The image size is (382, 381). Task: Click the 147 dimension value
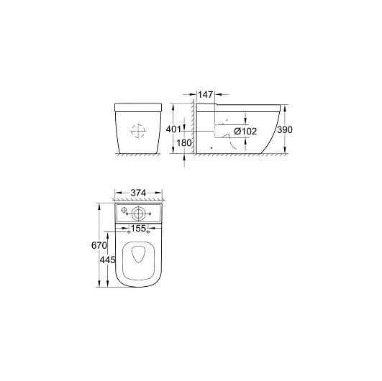[205, 95]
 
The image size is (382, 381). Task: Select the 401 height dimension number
[173, 129]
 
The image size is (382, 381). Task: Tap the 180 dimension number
[184, 143]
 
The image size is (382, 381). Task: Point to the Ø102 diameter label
[245, 132]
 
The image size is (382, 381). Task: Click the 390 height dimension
[285, 130]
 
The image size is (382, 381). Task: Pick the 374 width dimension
[138, 193]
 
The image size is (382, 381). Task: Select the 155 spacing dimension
[138, 229]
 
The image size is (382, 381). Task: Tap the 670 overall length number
[99, 246]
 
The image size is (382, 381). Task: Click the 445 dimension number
[107, 260]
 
